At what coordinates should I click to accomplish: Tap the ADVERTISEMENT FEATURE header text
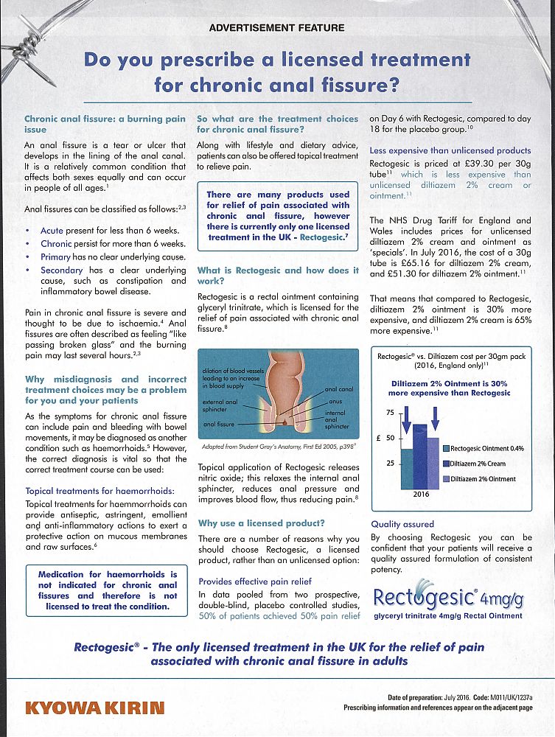pos(276,28)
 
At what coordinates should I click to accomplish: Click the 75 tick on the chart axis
pos(390,412)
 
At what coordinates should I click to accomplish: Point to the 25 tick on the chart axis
pos(390,463)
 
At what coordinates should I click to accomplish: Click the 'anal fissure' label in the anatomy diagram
pos(219,425)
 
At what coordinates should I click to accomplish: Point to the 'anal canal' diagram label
pos(338,389)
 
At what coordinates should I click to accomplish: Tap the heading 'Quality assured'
pos(402,524)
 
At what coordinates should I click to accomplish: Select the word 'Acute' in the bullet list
pos(52,231)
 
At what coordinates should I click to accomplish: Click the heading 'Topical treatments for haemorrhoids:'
pos(100,490)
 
